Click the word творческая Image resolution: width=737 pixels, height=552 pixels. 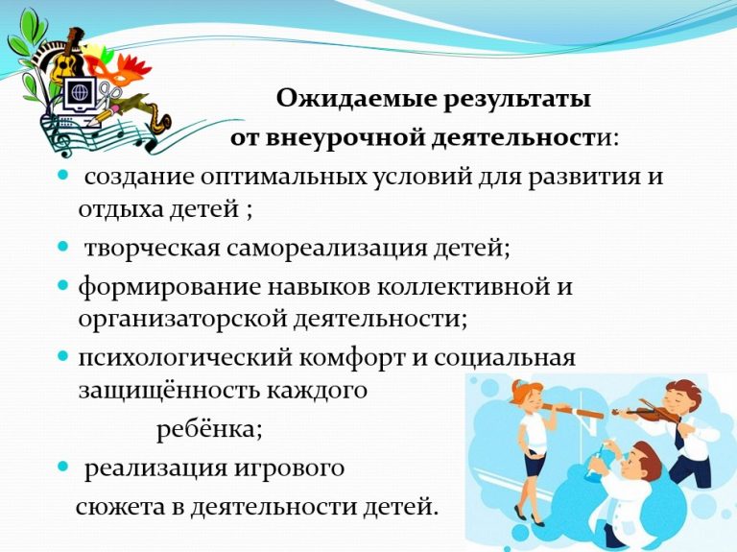coord(152,248)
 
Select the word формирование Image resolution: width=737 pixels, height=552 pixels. coord(169,287)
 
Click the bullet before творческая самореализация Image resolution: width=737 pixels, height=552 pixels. coord(63,246)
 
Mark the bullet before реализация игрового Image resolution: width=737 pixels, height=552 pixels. coord(63,466)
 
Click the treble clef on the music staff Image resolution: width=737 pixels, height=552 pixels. coord(61,137)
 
